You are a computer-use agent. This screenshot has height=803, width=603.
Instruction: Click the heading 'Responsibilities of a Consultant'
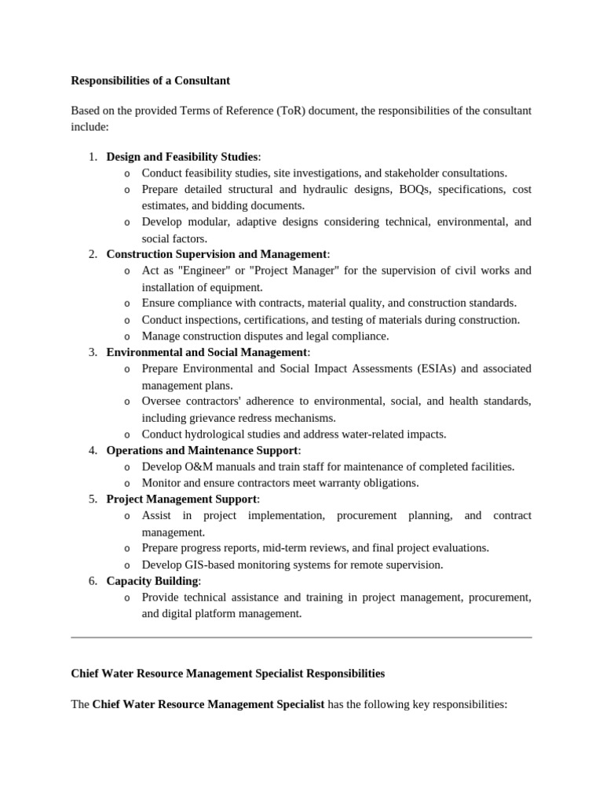coord(150,81)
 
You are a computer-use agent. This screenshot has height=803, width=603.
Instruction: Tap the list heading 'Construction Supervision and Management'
coord(217,254)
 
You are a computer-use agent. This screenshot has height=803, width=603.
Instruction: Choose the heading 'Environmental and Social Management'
coord(206,352)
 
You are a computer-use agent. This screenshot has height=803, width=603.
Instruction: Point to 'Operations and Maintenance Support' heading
coord(202,450)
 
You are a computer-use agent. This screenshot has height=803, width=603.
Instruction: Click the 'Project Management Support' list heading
coord(181,499)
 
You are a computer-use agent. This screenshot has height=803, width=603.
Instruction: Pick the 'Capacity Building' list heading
coord(152,581)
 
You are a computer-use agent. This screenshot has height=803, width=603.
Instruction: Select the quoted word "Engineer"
coord(203,271)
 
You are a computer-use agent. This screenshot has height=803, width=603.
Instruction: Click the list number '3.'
coord(93,352)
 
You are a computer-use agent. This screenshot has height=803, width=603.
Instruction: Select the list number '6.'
coord(93,581)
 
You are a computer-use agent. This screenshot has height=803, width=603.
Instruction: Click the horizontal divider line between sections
coord(301,638)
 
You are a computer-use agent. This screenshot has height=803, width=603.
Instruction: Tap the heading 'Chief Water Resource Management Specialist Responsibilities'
coord(228,674)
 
